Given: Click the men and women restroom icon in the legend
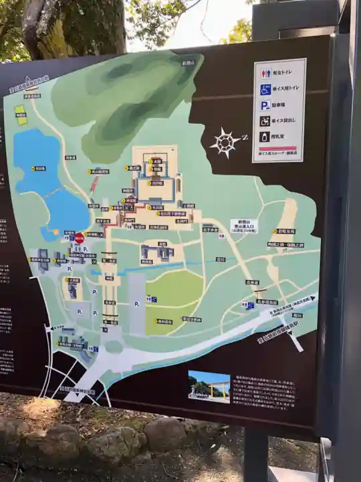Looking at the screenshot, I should (x=265, y=73).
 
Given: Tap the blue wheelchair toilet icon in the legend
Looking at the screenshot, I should (x=265, y=89).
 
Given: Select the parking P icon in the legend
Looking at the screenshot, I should (x=265, y=105).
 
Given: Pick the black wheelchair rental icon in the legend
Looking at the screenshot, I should (x=265, y=121).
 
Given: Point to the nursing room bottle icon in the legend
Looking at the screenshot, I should (x=265, y=137).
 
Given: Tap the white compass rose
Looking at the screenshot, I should (x=225, y=142).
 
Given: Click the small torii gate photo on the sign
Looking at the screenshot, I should (x=209, y=386).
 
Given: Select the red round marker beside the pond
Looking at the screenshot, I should (x=79, y=238).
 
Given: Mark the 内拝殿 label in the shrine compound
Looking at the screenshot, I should (x=156, y=182).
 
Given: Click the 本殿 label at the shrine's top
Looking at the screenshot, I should (x=157, y=161).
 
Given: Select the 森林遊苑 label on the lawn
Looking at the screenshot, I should (x=164, y=322).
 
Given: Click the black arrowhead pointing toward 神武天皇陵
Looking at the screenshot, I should (x=312, y=301).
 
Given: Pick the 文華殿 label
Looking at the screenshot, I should (x=73, y=280).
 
